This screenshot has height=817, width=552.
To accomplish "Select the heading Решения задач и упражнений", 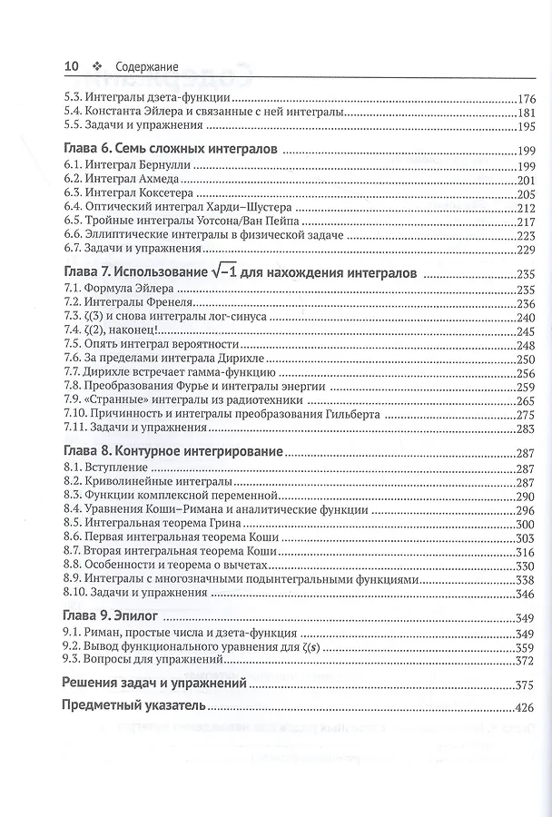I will [x=153, y=684].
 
